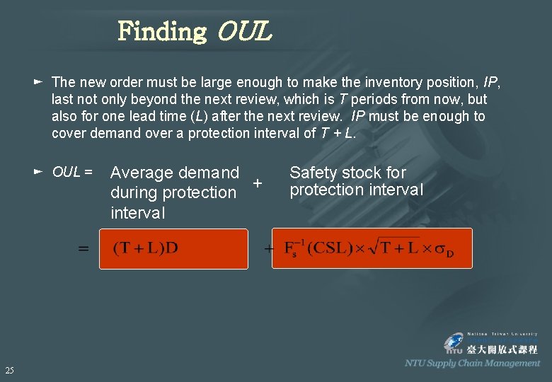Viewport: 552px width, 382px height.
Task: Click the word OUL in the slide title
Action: tap(245, 32)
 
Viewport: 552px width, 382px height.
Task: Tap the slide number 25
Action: tap(9, 370)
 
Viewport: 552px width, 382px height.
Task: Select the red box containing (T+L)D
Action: tap(173, 248)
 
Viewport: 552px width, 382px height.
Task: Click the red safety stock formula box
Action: tap(372, 248)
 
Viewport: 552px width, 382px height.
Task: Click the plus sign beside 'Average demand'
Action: tap(258, 183)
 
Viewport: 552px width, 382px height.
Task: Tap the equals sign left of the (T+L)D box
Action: tap(84, 249)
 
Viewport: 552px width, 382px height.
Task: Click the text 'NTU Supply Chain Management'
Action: tap(472, 363)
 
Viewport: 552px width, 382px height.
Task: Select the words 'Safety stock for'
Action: tap(347, 173)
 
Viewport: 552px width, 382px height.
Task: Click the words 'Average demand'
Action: tap(175, 173)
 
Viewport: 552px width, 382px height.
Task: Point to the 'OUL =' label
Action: tap(73, 172)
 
